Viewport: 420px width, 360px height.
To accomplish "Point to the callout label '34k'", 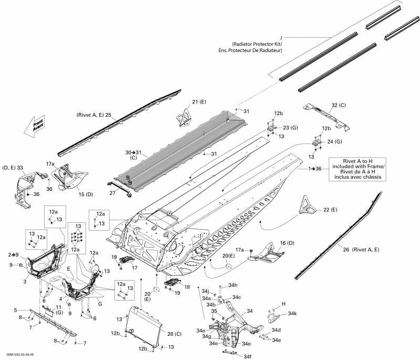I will pos(292,314).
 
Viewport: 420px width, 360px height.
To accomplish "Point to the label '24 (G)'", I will pos(334,141).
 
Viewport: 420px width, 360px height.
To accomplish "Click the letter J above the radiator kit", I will pos(281,37).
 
